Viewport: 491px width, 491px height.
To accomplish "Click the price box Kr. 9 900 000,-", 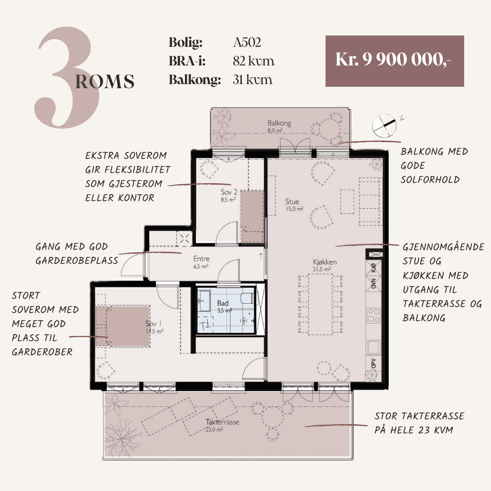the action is point(395,61).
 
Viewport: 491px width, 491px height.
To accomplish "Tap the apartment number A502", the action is point(247,42).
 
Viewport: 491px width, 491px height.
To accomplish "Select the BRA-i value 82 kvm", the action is point(253,61).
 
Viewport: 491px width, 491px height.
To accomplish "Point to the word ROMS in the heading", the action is point(105,81).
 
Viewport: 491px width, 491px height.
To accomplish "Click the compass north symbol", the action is point(384,125).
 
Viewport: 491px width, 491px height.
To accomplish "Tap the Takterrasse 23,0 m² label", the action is point(222,425).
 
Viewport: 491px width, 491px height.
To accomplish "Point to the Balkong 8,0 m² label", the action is point(279,126).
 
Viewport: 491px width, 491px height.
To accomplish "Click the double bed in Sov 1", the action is point(123,326).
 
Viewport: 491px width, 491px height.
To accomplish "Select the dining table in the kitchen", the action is point(321,304).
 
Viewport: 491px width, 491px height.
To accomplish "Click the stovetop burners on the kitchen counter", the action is point(374,316).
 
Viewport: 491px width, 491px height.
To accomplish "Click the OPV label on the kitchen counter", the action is point(373,364).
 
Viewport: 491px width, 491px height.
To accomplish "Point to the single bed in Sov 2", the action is point(252,216).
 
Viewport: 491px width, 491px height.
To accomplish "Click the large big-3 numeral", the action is point(66,77).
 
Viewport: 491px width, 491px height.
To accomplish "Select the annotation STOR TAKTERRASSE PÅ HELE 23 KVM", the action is point(419,423).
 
